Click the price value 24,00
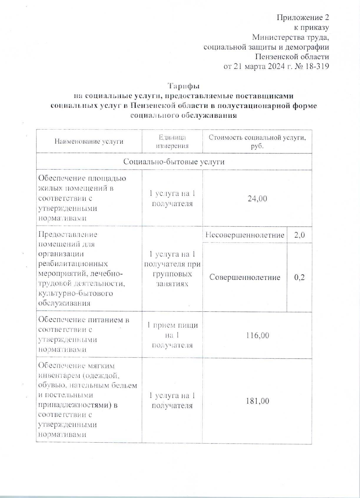[x=257, y=199]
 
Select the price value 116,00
[x=257, y=335]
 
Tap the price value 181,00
[x=257, y=401]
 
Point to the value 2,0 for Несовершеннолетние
[x=299, y=235]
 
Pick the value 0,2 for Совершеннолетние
[x=299, y=277]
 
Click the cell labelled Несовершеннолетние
[x=245, y=235]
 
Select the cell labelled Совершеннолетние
[x=245, y=277]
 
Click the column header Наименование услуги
[x=89, y=142]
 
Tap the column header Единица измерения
[x=172, y=142]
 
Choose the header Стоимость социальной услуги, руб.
[x=257, y=142]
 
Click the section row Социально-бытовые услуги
[x=174, y=162]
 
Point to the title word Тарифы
[x=184, y=86]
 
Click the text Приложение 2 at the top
[x=303, y=18]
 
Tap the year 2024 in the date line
[x=276, y=67]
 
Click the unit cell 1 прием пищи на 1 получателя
[x=172, y=335]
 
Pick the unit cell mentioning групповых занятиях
[x=172, y=269]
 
